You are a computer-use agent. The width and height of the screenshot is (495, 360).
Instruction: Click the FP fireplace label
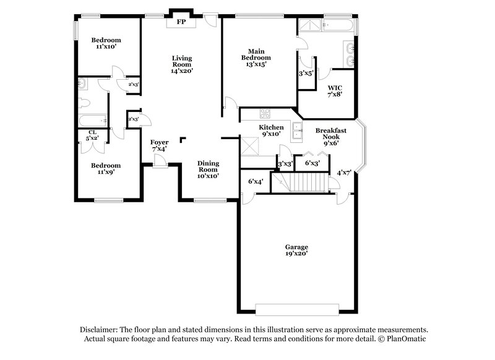pos(182,22)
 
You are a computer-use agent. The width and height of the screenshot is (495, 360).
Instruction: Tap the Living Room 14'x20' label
pos(182,64)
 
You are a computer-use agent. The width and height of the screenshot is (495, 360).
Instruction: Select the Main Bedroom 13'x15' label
pos(257,58)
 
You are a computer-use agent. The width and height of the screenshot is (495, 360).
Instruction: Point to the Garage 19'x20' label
pos(296,250)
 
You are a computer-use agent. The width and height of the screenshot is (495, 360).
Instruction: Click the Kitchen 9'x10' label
pos(270,130)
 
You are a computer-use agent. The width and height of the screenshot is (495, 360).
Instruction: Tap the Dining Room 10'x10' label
pos(208,169)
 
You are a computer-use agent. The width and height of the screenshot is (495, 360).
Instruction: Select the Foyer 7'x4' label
pos(159,145)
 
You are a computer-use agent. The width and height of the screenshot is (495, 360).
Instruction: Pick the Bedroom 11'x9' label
pos(106,169)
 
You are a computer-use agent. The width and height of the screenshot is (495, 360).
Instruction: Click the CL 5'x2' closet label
pos(92,135)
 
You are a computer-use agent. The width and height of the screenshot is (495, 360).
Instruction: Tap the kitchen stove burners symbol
pos(265,113)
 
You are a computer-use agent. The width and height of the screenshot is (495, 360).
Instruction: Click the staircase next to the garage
pos(307,182)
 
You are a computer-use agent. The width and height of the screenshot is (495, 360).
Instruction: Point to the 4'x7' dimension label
pos(343,173)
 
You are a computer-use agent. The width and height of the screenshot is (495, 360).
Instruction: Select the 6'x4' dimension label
pos(256,181)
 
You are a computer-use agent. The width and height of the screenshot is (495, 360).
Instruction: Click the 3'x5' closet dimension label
pos(306,73)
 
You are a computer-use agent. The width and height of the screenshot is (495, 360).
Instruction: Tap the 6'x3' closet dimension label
pos(312,163)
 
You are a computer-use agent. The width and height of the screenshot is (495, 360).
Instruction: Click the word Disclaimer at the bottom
pos(101,330)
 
